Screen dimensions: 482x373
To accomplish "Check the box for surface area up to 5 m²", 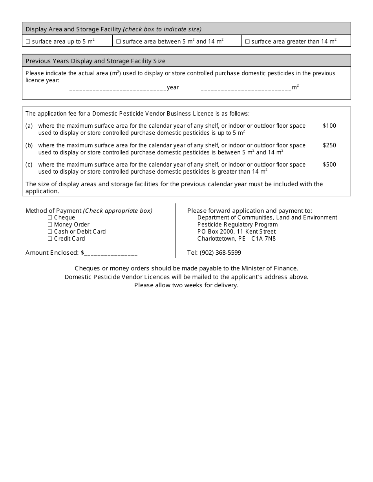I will [x=28, y=42].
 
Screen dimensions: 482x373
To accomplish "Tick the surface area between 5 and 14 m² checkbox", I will [x=118, y=42].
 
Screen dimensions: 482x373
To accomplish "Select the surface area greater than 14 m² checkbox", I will [x=247, y=42].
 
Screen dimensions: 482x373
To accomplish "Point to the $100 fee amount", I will [x=329, y=126].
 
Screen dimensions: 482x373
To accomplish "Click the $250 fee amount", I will [x=329, y=145].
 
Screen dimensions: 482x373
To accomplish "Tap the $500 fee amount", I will [x=329, y=165].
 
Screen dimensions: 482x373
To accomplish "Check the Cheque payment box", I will [x=50, y=217].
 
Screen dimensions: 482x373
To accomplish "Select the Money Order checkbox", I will [x=50, y=225].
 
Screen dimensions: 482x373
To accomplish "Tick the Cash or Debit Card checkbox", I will [x=50, y=232].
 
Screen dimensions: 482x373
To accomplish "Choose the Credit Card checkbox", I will [x=50, y=239].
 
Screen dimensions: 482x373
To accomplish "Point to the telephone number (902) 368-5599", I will [x=220, y=253].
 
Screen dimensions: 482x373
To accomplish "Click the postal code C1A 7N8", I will [x=263, y=239].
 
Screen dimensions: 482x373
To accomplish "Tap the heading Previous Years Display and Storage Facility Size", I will [x=95, y=61].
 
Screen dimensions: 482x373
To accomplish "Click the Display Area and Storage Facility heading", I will [x=73, y=29].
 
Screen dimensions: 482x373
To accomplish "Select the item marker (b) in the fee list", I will [x=29, y=145].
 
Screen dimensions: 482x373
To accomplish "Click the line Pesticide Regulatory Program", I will [x=238, y=225].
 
